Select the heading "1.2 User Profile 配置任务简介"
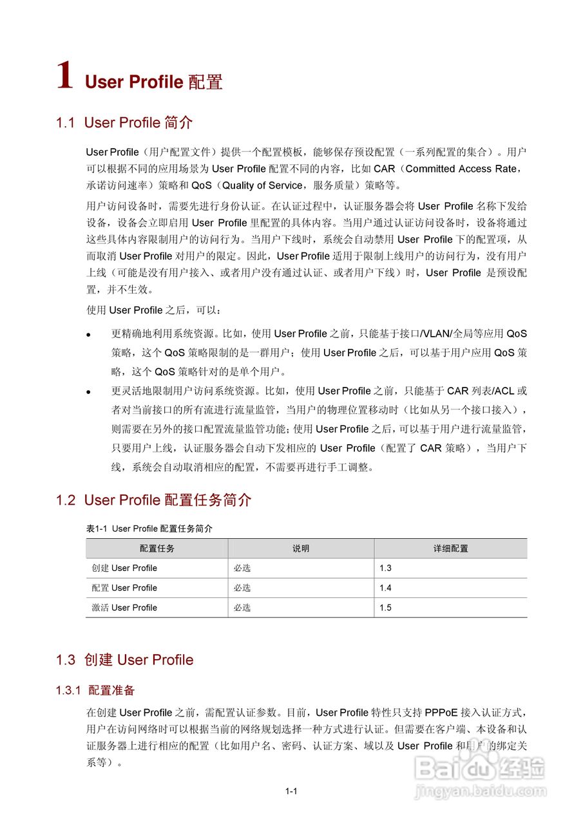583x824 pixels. click(x=154, y=500)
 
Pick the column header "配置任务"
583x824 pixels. click(x=157, y=548)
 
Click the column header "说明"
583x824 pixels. click(x=301, y=548)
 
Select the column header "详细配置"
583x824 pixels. click(x=450, y=548)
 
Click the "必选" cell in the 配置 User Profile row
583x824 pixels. click(x=242, y=588)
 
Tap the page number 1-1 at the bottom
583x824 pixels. click(x=291, y=791)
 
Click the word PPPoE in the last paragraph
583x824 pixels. click(x=441, y=713)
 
